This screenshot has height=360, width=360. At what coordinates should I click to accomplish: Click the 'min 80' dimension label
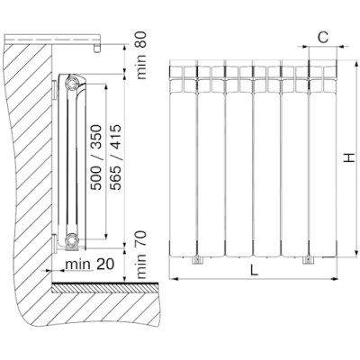[x=141, y=56]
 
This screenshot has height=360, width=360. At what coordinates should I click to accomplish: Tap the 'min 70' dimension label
[x=141, y=255]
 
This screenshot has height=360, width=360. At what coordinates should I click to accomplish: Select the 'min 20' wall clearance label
[x=90, y=265]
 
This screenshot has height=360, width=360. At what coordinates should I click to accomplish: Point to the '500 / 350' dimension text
[x=96, y=157]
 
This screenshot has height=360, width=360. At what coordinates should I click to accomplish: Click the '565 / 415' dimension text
[x=116, y=157]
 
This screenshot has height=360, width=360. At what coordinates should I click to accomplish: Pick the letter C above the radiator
[x=323, y=38]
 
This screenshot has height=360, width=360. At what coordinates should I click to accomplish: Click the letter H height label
[x=349, y=158]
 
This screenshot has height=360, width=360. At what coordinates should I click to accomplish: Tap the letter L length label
[x=254, y=271]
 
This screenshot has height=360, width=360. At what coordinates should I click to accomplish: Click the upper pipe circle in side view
[x=72, y=84]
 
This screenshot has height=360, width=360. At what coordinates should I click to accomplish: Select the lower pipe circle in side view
[x=72, y=239]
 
